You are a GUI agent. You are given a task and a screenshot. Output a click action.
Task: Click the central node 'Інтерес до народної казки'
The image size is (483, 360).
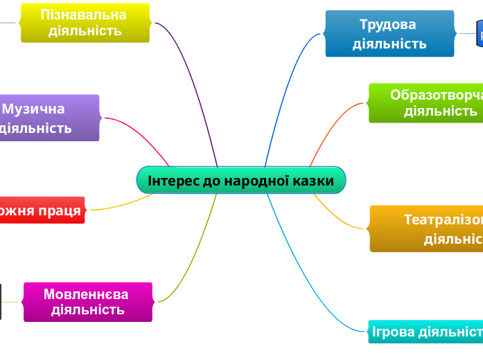(240, 181)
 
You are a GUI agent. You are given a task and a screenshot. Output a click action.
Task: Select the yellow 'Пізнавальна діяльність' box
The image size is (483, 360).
(85, 23)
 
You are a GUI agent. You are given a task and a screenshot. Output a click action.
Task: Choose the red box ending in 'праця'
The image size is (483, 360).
(41, 210)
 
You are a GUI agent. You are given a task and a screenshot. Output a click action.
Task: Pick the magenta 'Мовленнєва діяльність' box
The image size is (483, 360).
(87, 302)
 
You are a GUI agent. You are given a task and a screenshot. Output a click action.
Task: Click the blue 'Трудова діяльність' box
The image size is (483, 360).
(389, 34)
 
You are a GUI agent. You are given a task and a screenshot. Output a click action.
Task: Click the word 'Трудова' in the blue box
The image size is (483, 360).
(388, 25)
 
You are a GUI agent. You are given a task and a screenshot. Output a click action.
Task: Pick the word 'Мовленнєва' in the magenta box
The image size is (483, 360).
(86, 294)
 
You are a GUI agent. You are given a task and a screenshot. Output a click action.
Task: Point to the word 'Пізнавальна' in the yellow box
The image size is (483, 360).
(84, 15)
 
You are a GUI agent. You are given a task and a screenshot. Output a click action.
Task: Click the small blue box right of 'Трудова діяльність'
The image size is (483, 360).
(479, 34)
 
